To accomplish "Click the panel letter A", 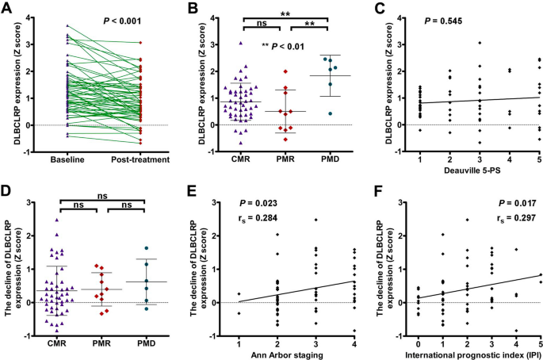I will point(7,7).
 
